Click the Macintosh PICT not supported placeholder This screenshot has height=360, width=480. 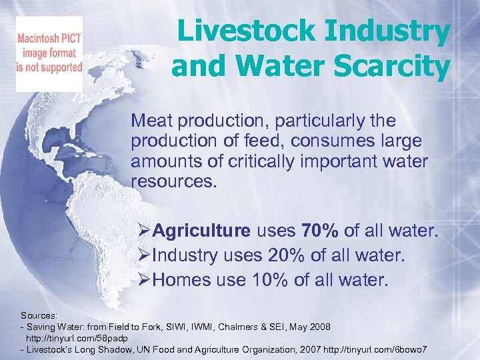(49, 54)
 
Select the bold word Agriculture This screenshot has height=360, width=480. (202, 231)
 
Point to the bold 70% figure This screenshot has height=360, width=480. (320, 231)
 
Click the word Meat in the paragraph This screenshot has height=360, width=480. (151, 121)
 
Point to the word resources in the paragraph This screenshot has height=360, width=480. (174, 180)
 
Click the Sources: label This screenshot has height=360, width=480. (38, 314)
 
